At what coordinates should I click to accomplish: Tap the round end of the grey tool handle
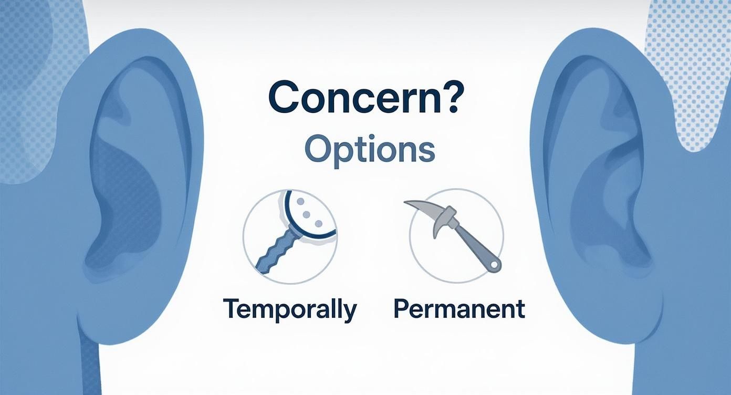click(493, 264)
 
